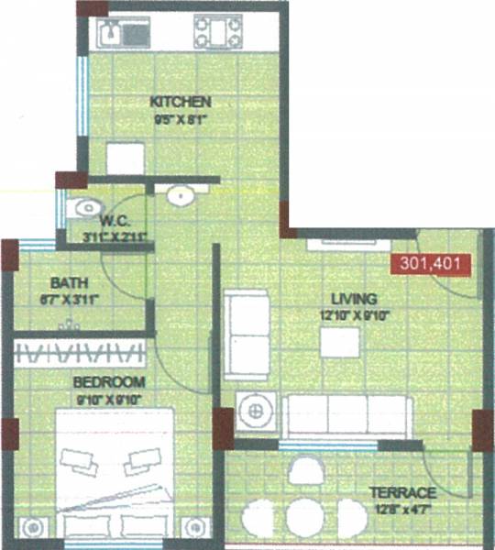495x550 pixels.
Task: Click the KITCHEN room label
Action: point(181,101)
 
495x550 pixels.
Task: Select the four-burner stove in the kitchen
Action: point(217,34)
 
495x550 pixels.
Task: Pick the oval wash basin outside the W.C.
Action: point(181,194)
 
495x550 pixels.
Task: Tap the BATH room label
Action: point(69,281)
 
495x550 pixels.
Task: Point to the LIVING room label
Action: point(354,299)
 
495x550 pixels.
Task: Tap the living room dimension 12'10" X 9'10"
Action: point(354,315)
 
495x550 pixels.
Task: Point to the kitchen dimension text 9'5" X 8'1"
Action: point(181,116)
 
